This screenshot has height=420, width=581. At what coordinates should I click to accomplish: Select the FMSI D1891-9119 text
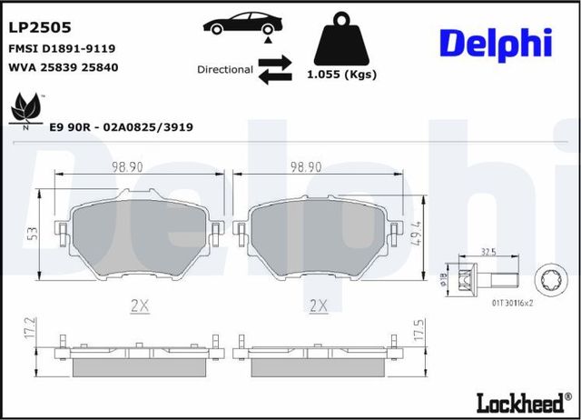pos(62,48)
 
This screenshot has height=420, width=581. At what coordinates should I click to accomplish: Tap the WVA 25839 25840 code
pos(63,67)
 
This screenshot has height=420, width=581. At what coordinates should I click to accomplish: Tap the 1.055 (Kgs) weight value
pos(341,75)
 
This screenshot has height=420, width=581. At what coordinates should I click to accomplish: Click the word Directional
pos(224,69)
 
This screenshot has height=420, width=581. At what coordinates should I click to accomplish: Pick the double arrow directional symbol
pos(274,70)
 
